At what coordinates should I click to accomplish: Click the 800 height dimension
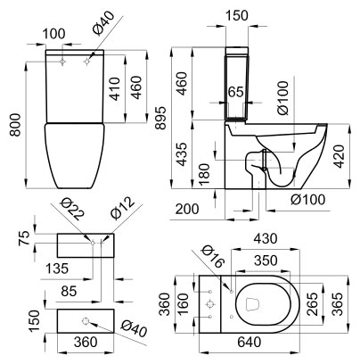point(15,125)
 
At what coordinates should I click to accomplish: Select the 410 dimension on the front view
point(114,89)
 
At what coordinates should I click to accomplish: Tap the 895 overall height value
point(161,118)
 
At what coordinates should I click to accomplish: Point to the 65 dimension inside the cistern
point(236,92)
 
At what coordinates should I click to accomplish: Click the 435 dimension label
point(181,154)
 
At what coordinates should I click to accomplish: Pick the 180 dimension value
point(204,174)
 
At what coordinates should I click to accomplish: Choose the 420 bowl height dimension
point(338,157)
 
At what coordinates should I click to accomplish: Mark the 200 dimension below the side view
point(187,209)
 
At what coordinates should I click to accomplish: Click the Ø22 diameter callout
point(72,210)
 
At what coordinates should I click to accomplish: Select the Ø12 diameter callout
point(122,207)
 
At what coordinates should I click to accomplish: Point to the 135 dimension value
point(57,269)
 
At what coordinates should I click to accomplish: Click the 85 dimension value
point(69,291)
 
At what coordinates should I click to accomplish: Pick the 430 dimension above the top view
point(266,238)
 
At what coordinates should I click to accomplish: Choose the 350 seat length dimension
point(266,261)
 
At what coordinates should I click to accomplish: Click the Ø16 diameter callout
point(212,258)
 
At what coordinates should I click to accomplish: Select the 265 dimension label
point(312,304)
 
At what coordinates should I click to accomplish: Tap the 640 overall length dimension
point(250,342)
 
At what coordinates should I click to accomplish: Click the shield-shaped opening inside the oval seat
point(253,304)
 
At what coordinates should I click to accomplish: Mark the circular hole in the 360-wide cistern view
point(86,321)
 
